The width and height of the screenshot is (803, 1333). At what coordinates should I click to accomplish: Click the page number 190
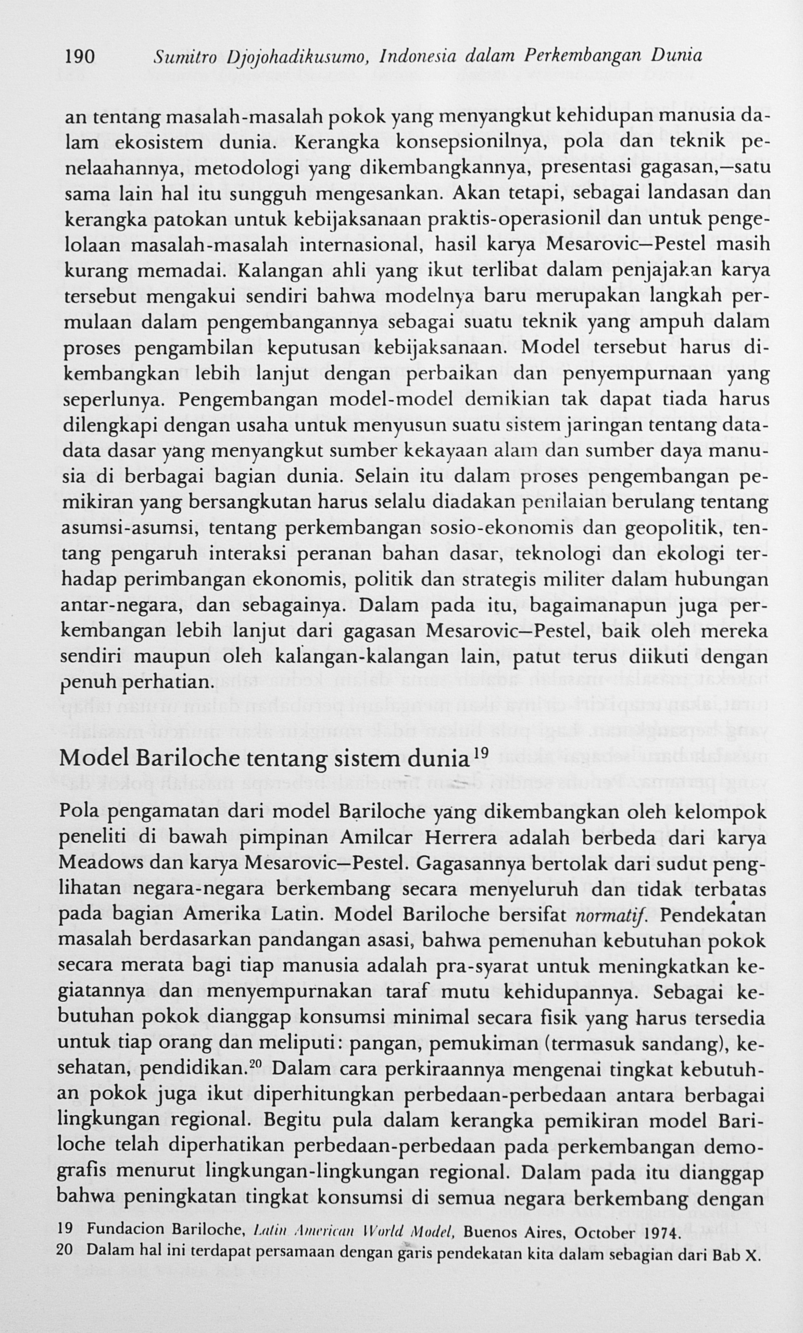(80, 57)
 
